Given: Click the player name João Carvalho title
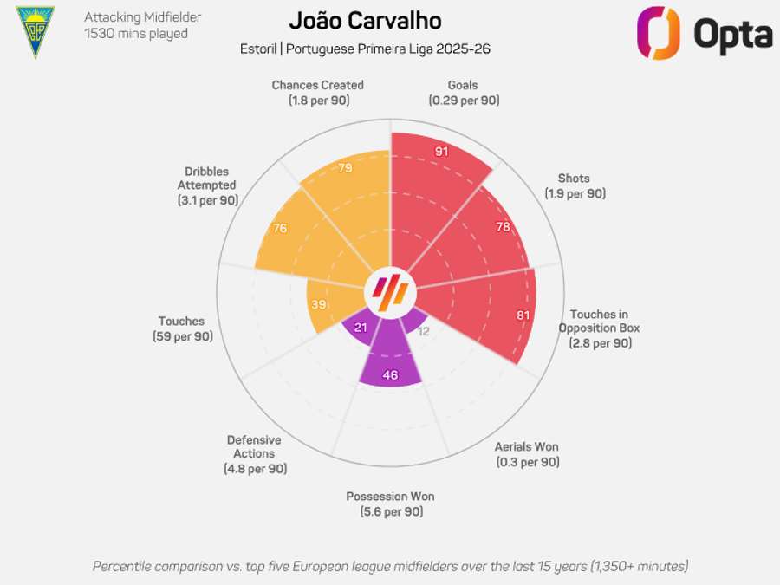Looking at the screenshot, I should point(365,22).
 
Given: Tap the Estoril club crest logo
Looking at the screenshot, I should point(36,32).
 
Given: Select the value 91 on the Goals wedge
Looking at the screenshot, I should point(441,152).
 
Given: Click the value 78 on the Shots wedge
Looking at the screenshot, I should point(503,227).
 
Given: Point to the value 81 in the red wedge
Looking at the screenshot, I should point(523,315).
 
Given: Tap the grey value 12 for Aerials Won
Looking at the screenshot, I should point(424,331).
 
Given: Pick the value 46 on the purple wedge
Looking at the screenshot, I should point(390,375).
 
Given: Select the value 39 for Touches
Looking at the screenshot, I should point(318,304).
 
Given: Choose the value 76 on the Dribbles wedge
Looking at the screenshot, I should point(280,229).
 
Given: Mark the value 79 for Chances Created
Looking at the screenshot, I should point(345,167).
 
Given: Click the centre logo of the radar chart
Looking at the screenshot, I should point(390,292).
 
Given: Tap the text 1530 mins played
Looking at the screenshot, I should point(136,34).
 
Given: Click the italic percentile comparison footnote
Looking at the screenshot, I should point(390,566).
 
